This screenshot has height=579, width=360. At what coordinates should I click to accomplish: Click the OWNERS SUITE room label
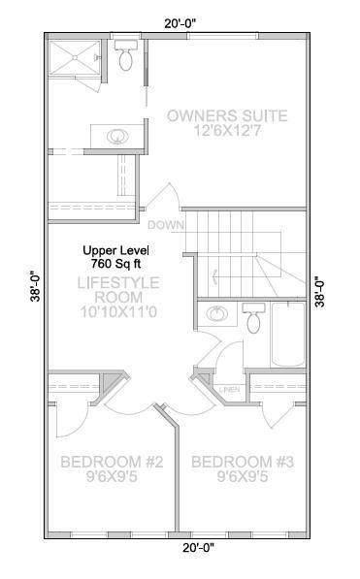pyautogui.click(x=227, y=116)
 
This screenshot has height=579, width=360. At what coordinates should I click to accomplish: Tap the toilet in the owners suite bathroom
pyautogui.click(x=126, y=55)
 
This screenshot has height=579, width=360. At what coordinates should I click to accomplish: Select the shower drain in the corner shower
pyautogui.click(x=75, y=57)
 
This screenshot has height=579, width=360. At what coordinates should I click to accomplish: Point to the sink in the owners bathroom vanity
pyautogui.click(x=118, y=136)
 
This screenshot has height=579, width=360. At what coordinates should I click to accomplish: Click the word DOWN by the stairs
pyautogui.click(x=165, y=225)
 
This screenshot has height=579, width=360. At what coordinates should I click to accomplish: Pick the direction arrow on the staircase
pyautogui.click(x=215, y=275)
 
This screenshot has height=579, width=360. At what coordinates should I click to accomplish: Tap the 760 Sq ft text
pyautogui.click(x=115, y=264)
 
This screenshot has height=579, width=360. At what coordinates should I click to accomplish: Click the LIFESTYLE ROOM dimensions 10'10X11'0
pyautogui.click(x=118, y=312)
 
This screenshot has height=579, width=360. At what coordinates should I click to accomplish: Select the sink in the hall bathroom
pyautogui.click(x=217, y=314)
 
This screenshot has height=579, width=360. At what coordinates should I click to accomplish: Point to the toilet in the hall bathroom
pyautogui.click(x=253, y=317)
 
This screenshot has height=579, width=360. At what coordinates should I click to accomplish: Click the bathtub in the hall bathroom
pyautogui.click(x=287, y=335)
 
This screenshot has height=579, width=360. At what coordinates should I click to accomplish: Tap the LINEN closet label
pyautogui.click(x=230, y=390)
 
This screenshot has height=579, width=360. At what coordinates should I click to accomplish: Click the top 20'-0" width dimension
pyautogui.click(x=180, y=23)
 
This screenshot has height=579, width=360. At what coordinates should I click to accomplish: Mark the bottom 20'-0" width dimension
pyautogui.click(x=199, y=548)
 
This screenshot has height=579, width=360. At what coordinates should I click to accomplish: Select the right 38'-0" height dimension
pyautogui.click(x=320, y=292)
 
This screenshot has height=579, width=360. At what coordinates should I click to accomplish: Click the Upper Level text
pyautogui.click(x=115, y=251)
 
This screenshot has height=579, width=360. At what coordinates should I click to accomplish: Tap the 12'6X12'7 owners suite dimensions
pyautogui.click(x=227, y=131)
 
